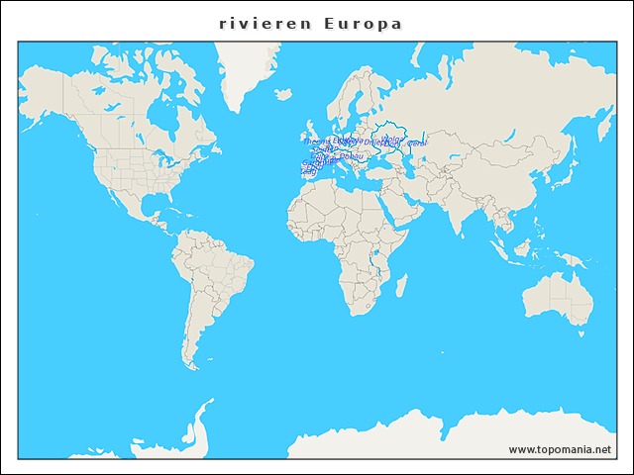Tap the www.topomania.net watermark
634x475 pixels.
coord(560,449)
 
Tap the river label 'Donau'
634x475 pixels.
coord(350,155)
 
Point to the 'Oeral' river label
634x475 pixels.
coord(417,143)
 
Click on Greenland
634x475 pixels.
coord(248,69)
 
